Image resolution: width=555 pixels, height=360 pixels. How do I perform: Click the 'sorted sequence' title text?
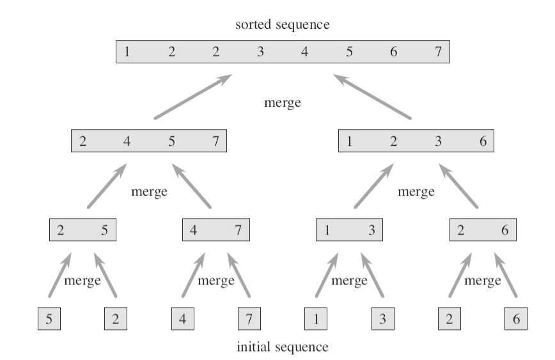coord(282,25)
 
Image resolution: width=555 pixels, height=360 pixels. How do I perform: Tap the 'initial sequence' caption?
coord(282,347)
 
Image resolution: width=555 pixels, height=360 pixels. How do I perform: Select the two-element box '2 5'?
coord(82,230)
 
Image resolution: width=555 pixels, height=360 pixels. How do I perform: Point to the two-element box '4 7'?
coord(215,230)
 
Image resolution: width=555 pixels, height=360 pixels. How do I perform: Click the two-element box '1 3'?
coord(348,230)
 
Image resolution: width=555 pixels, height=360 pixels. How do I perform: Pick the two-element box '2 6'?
coord(482,230)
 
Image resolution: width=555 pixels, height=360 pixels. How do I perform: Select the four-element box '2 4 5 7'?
coord(149,141)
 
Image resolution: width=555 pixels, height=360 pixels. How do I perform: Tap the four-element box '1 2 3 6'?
coord(416,141)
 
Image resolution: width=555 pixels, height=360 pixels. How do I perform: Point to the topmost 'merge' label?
coord(282,102)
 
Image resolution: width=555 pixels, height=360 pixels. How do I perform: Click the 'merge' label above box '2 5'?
coord(149,191)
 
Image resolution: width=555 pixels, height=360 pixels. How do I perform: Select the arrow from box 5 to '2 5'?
coord(59,276)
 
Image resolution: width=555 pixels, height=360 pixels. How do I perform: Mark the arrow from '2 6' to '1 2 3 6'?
coord(458,187)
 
